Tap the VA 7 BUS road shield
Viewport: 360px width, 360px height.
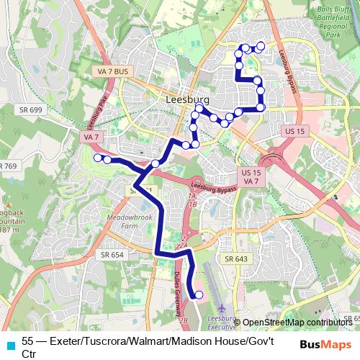coord(112,71)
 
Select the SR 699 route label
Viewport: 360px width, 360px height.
coord(28,109)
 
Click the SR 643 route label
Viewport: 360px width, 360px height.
coord(235,259)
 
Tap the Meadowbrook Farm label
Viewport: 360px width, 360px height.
coord(119,221)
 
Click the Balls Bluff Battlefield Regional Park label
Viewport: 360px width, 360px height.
coord(330,21)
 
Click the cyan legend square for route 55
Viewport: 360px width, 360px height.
coord(9,344)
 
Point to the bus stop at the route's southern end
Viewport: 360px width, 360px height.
coord(199,294)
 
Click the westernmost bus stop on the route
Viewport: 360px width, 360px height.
coord(98,158)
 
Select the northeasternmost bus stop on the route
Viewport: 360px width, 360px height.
coord(261,46)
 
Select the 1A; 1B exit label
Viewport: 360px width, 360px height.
coord(192,199)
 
